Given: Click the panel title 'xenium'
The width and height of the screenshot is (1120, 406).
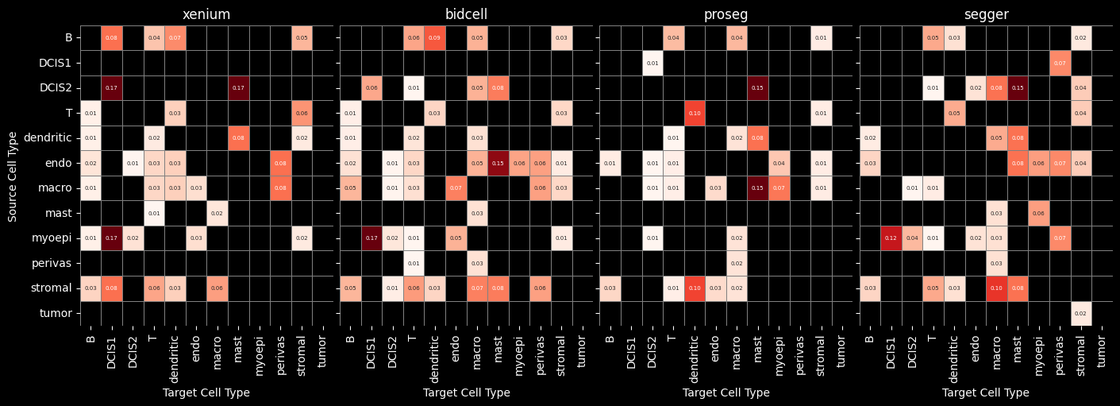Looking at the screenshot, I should pos(206,15).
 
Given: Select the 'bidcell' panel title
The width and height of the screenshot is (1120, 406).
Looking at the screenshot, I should pos(467,15).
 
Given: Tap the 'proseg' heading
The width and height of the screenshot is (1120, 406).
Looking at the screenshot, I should pos(725,15).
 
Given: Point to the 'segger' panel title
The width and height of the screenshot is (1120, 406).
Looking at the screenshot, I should pos(986,15).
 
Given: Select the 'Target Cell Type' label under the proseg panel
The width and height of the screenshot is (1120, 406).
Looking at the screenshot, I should pos(725,392).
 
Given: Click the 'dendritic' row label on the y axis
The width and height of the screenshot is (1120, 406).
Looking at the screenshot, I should pos(51,138).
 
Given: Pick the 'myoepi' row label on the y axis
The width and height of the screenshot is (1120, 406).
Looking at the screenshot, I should pos(55,238).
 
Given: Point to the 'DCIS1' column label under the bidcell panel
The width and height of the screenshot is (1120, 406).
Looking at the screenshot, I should pos(371,350).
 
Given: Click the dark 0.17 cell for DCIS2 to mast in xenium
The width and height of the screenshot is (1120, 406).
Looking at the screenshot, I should pos(238,88).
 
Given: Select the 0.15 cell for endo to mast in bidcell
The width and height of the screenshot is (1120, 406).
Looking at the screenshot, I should pos(498,164).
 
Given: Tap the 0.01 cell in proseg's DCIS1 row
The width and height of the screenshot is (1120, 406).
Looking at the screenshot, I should pos(652,63).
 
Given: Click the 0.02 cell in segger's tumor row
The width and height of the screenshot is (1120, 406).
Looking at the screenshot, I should pos(1080,314).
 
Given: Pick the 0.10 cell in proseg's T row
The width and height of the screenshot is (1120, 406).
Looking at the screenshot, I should pos(695,114).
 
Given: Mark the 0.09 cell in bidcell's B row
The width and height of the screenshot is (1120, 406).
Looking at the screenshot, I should pos(434,38).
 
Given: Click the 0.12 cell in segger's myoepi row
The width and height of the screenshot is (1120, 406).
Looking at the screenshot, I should pos(891,238).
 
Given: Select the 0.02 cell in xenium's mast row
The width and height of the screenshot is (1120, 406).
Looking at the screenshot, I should pos(217,214).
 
